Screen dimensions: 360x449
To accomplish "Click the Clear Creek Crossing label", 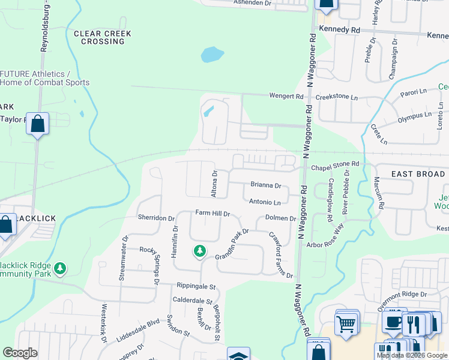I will pos(99,37).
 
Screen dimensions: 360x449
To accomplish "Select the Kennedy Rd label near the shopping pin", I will pos(340,29).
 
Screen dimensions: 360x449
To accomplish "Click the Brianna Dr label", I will pos(266,186).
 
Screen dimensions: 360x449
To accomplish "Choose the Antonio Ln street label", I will pos(265,202).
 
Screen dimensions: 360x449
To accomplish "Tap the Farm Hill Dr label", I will pos(209,213).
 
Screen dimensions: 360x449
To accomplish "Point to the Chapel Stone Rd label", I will pos(335,163).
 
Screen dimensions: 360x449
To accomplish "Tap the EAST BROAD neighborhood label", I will pos(418,174).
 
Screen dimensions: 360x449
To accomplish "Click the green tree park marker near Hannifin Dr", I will pos(199,250).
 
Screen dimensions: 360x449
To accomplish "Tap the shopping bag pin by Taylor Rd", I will pos(37,124).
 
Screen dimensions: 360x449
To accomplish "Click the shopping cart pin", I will pos(346,323).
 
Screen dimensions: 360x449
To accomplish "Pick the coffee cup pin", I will pos(393,321).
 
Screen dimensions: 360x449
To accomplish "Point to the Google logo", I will pos(20,353).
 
